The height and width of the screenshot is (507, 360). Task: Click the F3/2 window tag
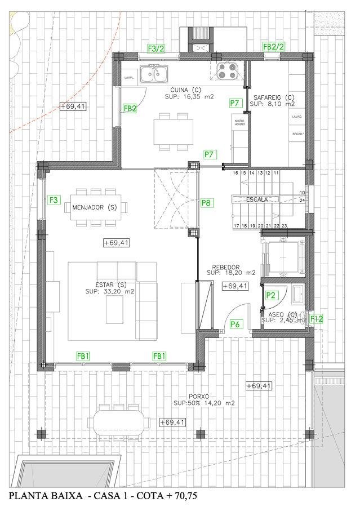point(155,48)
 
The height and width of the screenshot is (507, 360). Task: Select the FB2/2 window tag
point(274,47)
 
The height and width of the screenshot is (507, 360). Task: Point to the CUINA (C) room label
point(186,90)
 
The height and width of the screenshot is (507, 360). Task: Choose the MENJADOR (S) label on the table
point(95,207)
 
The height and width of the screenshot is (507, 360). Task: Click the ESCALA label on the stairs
point(256,199)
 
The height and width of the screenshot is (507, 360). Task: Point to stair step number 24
point(303,200)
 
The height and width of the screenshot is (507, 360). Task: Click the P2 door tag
point(271,295)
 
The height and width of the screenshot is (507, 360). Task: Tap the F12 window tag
point(317,319)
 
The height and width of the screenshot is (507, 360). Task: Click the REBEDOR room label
point(226,267)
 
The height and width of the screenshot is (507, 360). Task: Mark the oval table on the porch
point(119,421)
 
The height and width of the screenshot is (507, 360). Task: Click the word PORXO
point(199,397)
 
